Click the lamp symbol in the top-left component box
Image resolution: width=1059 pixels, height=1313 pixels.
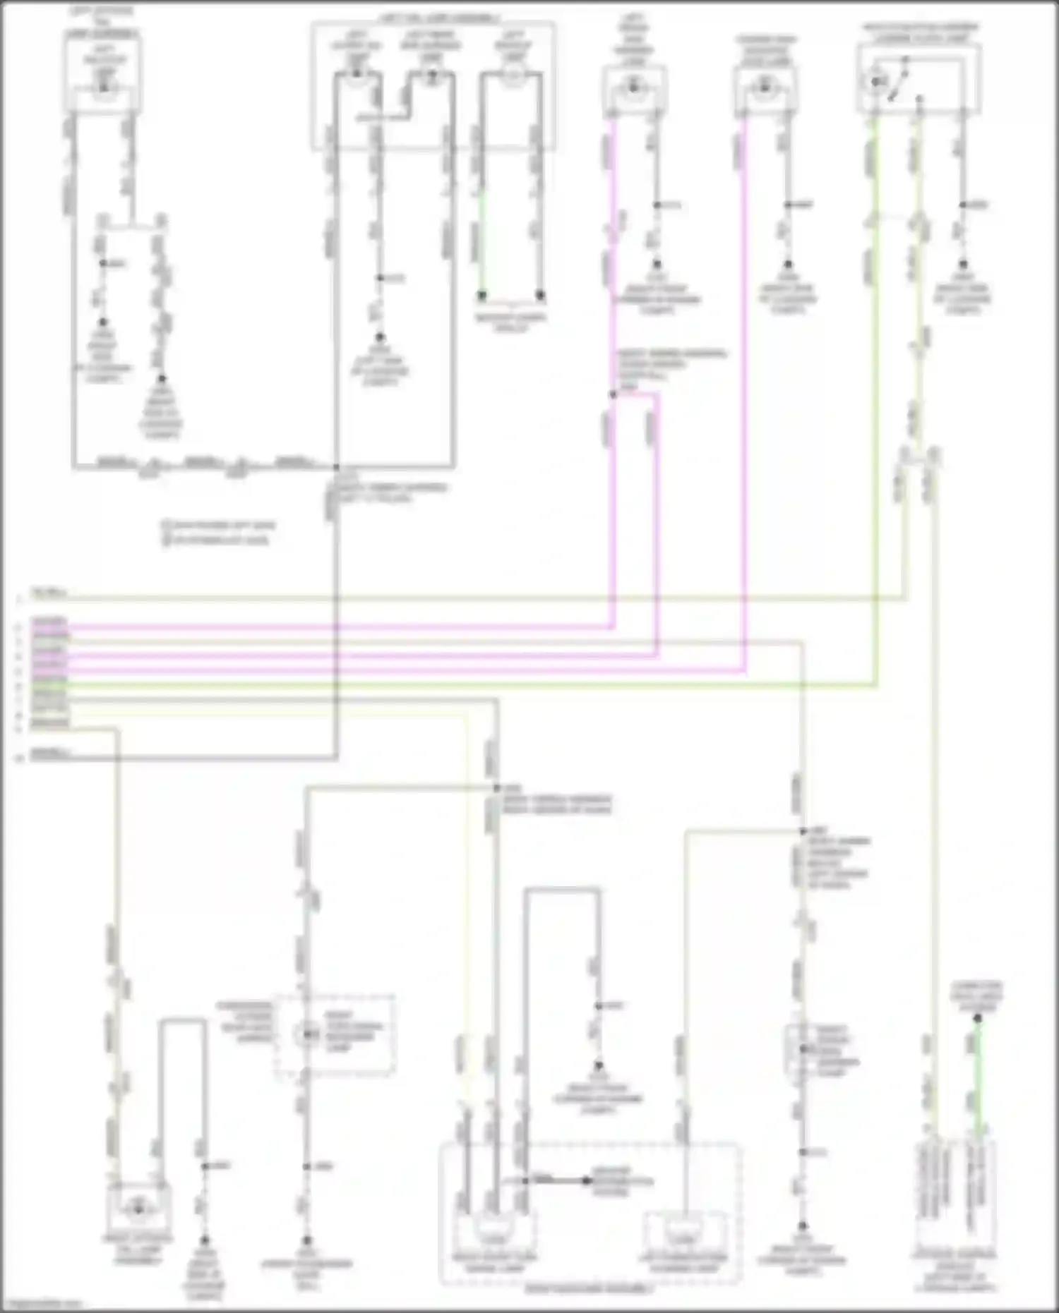coord(104,87)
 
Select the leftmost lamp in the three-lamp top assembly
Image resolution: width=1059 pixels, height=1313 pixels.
coord(357,73)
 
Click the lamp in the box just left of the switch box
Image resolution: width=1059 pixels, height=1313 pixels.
coord(764,88)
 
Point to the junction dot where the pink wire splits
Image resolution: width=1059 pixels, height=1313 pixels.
coord(613,395)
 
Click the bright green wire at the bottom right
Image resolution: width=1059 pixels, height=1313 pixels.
coord(978,1079)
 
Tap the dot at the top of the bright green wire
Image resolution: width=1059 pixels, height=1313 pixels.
coord(978,1018)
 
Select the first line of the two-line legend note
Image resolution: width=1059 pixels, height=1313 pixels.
coord(218,526)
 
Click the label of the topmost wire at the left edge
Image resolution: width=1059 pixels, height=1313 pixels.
coord(49,593)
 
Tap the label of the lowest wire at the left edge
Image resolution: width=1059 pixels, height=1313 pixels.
coord(50,754)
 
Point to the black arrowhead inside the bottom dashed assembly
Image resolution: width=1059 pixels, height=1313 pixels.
coord(587,1180)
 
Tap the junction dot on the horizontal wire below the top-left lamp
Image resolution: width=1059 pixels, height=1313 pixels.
coord(336,467)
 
